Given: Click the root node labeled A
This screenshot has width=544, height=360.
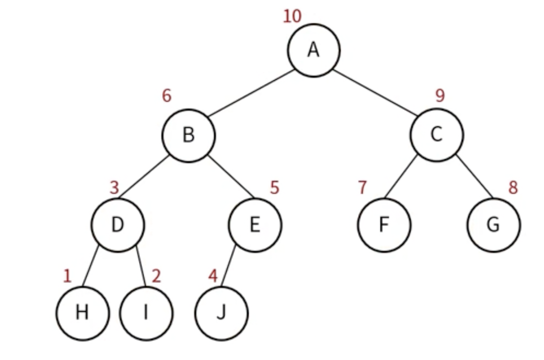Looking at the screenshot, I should coord(314,50).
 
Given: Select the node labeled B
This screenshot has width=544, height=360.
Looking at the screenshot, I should coord(188,135).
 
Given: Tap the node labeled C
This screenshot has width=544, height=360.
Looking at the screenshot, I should coord(436,135).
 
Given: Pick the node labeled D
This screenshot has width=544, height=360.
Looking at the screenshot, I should coord(118,225).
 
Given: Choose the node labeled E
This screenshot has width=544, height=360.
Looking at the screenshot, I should coord(255,225).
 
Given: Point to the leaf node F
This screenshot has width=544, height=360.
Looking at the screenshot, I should coord(384,225).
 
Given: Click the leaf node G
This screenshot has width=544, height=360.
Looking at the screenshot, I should coord(493,225).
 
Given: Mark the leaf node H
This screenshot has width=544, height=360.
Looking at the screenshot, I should coord(82,313).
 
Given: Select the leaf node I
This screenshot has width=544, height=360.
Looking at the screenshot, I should coord(146,313).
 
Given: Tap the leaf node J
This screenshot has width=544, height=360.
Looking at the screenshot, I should coord(221,313).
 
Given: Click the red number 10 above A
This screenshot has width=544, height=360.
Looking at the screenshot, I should coord(292,17).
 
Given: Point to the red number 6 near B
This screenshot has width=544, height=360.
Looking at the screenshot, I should coord(167,96).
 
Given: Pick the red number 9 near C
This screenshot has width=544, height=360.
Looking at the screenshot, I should coord(440,95).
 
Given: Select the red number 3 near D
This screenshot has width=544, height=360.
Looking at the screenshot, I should coord(114,188).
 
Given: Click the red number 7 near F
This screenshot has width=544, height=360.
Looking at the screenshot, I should coord(362,188).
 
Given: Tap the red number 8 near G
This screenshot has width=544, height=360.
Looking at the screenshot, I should coord(513,188).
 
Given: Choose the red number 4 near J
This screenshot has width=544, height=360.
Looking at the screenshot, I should coord(213,276).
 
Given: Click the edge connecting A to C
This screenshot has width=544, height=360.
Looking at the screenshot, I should coord(375,92).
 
